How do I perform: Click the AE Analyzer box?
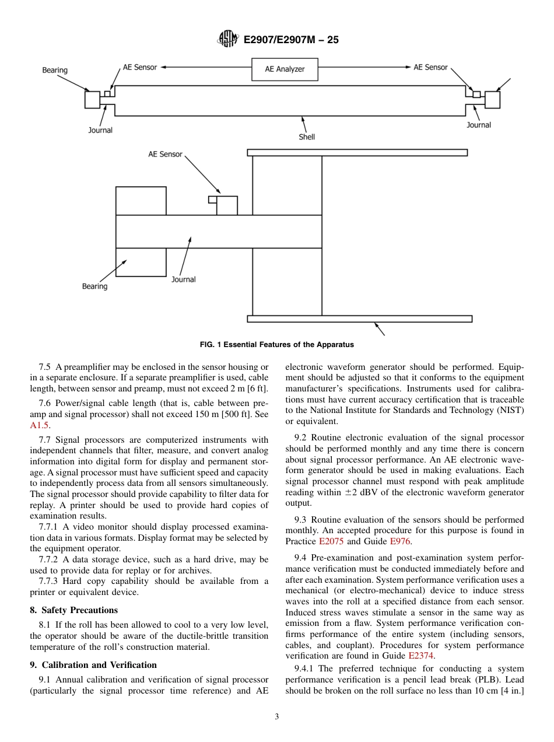(285, 69)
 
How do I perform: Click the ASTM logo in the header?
(227, 40)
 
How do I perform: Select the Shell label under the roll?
(307, 137)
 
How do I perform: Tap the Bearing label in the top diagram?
(55, 71)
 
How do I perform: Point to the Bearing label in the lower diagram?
(94, 286)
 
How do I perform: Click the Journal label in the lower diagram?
(183, 279)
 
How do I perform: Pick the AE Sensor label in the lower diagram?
(165, 155)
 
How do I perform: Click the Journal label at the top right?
(479, 125)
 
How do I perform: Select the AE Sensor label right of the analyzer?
(430, 68)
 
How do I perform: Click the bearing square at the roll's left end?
(92, 100)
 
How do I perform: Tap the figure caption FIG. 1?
(276, 345)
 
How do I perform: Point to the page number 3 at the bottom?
(277, 717)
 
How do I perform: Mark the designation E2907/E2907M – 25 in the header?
(291, 40)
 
